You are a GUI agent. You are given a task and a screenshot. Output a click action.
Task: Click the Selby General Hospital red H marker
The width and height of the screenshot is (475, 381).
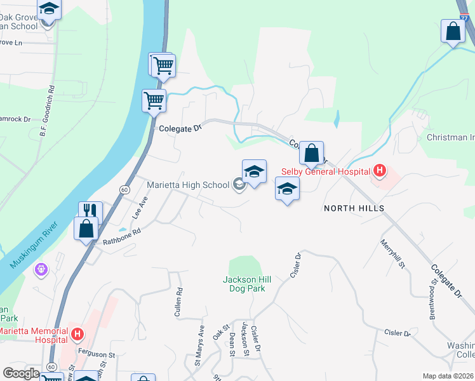[380, 170]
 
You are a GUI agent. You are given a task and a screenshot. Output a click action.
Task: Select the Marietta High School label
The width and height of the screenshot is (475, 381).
[188, 185]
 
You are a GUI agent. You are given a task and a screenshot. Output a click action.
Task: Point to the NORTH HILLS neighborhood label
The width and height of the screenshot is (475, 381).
[354, 208]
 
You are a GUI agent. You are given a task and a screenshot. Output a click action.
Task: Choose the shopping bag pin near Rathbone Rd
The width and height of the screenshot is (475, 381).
[86, 227]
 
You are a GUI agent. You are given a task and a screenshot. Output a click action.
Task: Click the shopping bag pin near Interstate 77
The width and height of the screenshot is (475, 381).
[453, 32]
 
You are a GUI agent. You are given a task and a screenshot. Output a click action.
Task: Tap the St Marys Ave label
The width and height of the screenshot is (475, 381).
[200, 345]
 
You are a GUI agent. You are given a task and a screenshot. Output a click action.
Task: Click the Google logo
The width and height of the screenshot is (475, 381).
[22, 373]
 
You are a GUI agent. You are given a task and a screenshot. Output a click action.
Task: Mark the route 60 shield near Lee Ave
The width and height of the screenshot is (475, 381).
[124, 190]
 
